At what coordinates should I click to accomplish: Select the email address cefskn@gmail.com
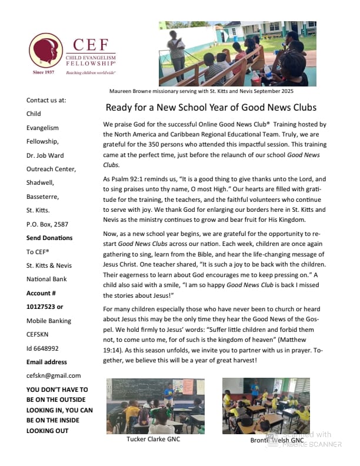pos(54,375)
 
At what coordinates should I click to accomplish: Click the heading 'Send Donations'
pos(49,238)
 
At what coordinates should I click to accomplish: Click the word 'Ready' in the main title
pos(120,108)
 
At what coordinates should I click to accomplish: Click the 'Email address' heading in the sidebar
pos(46,362)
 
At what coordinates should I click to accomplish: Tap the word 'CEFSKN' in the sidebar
pos(41,334)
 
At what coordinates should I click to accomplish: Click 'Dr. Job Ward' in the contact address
pos(46,155)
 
